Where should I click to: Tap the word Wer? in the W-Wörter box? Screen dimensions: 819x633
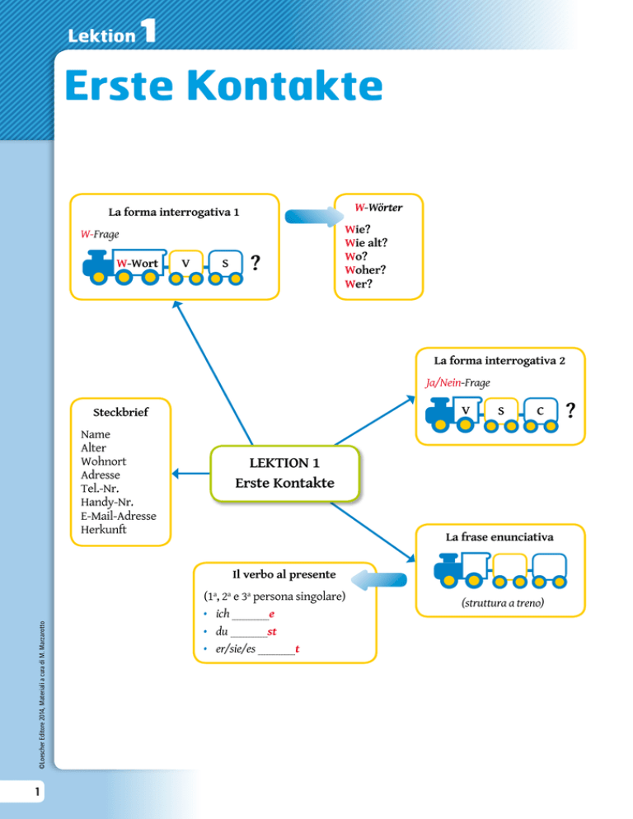tap(360, 283)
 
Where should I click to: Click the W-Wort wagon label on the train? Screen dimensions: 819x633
tap(138, 263)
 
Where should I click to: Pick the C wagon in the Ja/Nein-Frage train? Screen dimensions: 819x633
tap(539, 409)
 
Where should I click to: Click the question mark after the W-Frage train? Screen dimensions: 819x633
tap(256, 263)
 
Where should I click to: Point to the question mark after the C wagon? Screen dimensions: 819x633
tap(571, 409)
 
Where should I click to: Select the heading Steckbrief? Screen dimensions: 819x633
tap(120, 411)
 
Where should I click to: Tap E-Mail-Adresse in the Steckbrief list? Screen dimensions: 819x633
tap(119, 516)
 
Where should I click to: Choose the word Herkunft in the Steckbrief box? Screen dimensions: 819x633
tap(104, 530)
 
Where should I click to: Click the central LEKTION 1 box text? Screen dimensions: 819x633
tap(285, 473)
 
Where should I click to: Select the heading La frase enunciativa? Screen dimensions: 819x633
tap(499, 536)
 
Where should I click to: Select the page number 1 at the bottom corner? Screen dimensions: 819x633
tap(27, 793)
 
